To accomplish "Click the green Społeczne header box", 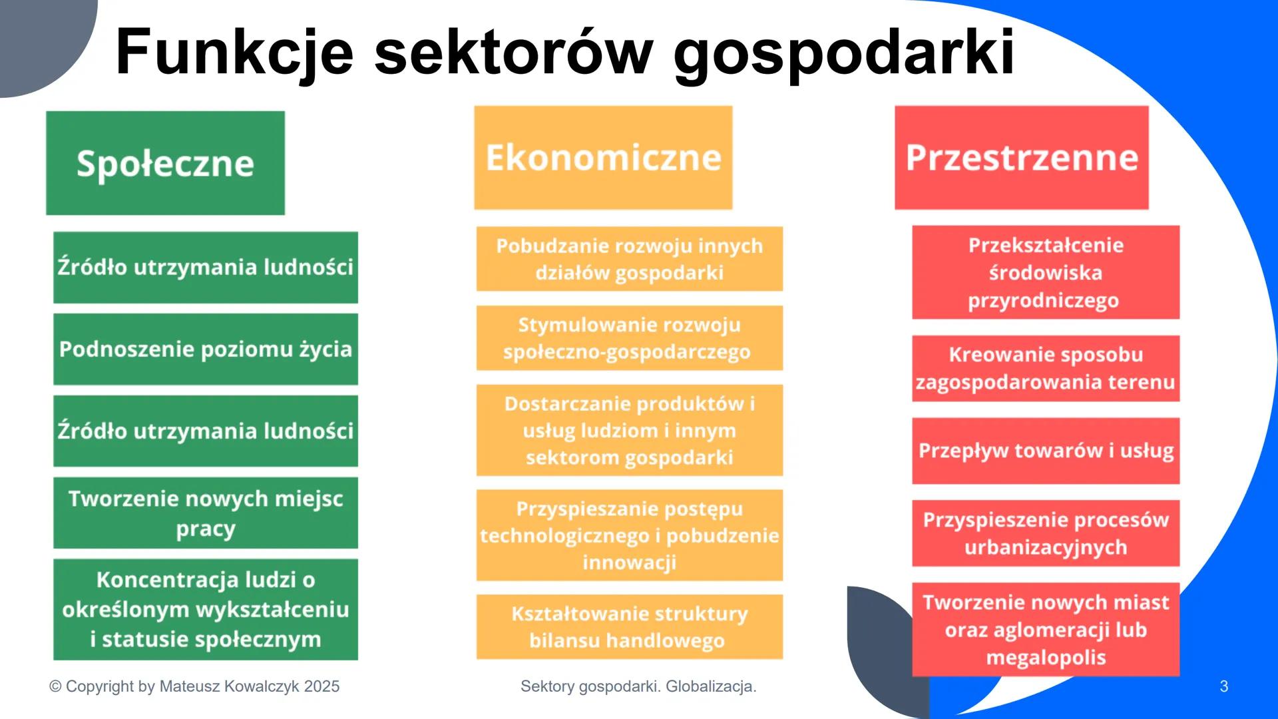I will [165, 163].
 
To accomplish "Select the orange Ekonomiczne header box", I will [603, 158].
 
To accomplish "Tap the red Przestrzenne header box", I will [1021, 158].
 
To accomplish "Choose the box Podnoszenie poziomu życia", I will [205, 350].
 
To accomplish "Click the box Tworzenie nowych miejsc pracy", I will [205, 513].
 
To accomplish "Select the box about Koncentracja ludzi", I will [205, 609].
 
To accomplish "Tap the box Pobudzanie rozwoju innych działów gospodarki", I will [629, 259].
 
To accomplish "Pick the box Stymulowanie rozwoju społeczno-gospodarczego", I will [629, 338].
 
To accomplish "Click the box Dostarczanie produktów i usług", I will [629, 430].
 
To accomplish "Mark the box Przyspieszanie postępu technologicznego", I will [629, 535].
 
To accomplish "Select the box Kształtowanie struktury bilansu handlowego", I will [629, 626].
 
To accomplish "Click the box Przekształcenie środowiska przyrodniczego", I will [1045, 272].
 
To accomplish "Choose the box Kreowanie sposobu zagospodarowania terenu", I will [1045, 368].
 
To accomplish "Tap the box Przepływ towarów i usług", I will [1045, 451].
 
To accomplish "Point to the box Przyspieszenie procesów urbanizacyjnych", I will [1045, 533].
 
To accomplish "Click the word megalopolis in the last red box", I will [1045, 658].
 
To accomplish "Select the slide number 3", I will [1223, 686].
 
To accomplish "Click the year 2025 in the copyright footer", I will [321, 686].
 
